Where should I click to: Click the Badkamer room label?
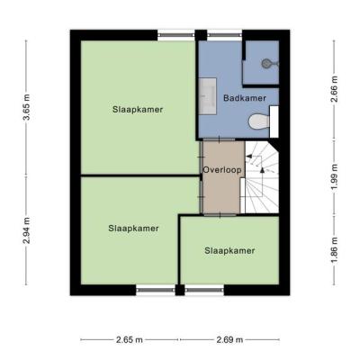pyautogui.click(x=245, y=98)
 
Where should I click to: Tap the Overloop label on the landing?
pyautogui.click(x=222, y=170)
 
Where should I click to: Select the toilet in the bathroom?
pyautogui.click(x=259, y=121)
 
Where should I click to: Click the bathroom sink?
pyautogui.click(x=208, y=96)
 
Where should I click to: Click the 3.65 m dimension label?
pyautogui.click(x=27, y=107)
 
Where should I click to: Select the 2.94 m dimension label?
pyautogui.click(x=27, y=230)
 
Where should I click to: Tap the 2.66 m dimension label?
pyautogui.click(x=334, y=89)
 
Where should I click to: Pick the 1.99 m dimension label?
pyautogui.click(x=334, y=177)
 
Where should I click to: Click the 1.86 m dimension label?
pyautogui.click(x=334, y=250)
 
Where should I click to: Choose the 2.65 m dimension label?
pyautogui.click(x=130, y=340)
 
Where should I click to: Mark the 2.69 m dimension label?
pyautogui.click(x=229, y=340)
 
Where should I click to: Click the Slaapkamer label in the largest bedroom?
pyautogui.click(x=138, y=110)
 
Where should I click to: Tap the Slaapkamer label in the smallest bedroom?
pyautogui.click(x=229, y=250)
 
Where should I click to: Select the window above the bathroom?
pyautogui.click(x=225, y=35)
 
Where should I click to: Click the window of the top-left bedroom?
pyautogui.click(x=176, y=35)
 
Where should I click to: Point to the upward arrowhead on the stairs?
pyautogui.click(x=263, y=170)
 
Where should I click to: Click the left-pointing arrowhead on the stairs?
pyautogui.click(x=248, y=157)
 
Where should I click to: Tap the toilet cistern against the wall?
pyautogui.click(x=274, y=121)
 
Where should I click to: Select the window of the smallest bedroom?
pyautogui.click(x=204, y=290)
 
